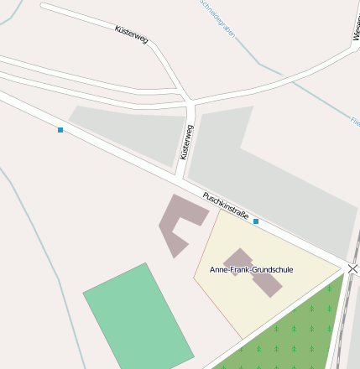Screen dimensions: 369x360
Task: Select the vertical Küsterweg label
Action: click(x=186, y=143)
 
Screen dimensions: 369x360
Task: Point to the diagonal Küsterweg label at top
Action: click(x=131, y=34)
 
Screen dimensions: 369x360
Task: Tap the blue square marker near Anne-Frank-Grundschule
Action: click(x=256, y=221)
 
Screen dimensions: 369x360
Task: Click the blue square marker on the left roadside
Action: click(x=60, y=130)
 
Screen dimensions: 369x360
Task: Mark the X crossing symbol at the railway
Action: click(x=353, y=268)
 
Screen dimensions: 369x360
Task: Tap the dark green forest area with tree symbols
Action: click(x=294, y=331)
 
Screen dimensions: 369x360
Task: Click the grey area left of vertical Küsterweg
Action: click(x=130, y=134)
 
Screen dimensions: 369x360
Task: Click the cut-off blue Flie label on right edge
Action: click(x=354, y=122)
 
